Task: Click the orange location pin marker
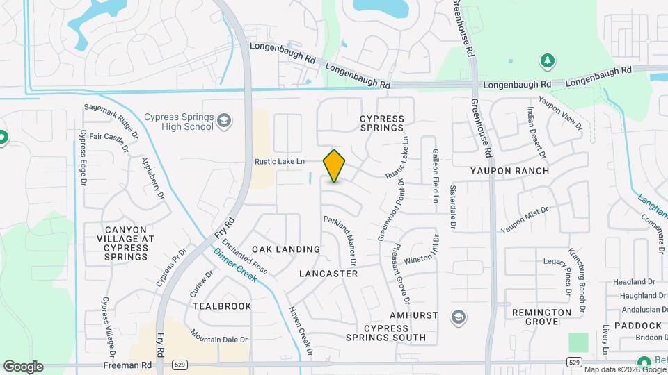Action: coord(335,166)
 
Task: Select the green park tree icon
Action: coord(548,61)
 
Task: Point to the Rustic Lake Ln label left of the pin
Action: coord(280,162)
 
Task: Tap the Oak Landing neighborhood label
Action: coord(286,249)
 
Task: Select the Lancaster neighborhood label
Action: coord(328,274)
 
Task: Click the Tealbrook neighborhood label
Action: coord(222,306)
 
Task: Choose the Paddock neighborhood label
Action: coord(638,326)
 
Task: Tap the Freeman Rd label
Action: coord(127,364)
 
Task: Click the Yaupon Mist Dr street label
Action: coord(525,218)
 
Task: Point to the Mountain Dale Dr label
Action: coord(220,340)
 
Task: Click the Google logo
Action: coord(23,367)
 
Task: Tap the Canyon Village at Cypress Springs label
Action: coord(126,243)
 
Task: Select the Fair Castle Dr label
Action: coord(109,137)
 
